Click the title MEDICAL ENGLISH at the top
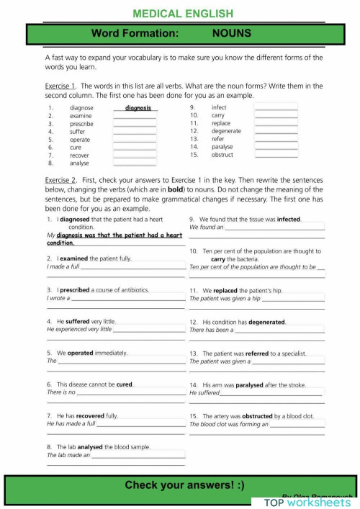tap(184, 13)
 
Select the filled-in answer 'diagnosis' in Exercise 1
tap(138, 108)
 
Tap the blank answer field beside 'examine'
tap(135, 116)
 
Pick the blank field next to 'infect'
tap(276, 108)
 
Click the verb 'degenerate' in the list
tap(226, 131)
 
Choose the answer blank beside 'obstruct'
tap(276, 155)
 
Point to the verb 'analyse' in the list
tap(79, 163)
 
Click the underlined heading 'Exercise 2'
tap(61, 181)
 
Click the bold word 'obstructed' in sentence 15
tap(255, 416)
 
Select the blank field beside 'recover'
tap(135, 155)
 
